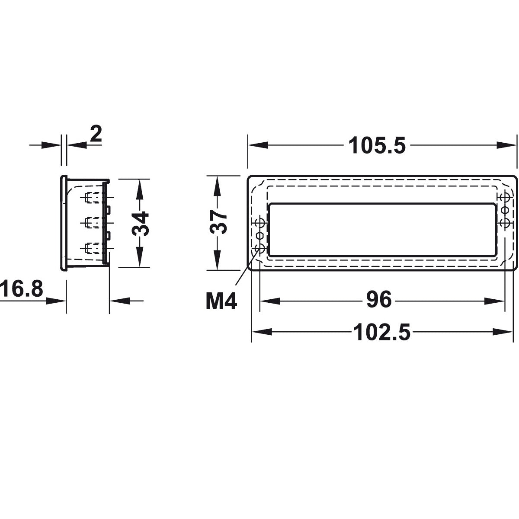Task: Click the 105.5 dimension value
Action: pyautogui.click(x=377, y=146)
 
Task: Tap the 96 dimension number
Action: pyautogui.click(x=378, y=300)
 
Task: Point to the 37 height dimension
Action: pyautogui.click(x=220, y=222)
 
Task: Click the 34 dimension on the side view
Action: pyautogui.click(x=140, y=223)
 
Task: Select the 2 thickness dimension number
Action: pyautogui.click(x=96, y=135)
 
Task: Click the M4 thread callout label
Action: pyautogui.click(x=221, y=301)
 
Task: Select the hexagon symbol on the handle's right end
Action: pyautogui.click(x=504, y=210)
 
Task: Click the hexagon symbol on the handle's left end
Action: pyautogui.click(x=260, y=236)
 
